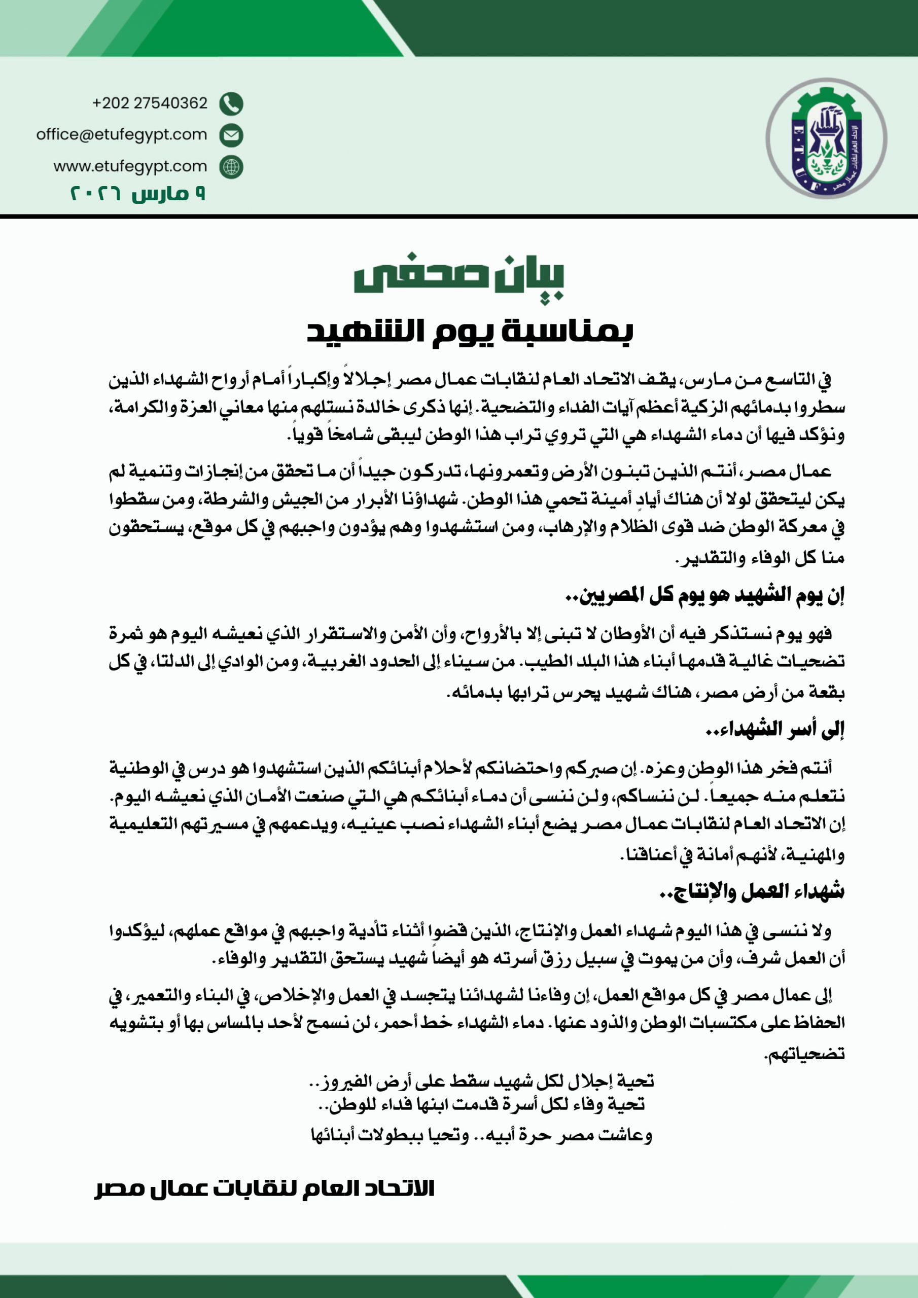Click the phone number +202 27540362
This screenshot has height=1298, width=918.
(x=150, y=103)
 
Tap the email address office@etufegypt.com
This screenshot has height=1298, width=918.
(x=122, y=134)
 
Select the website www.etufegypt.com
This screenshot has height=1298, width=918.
(x=130, y=166)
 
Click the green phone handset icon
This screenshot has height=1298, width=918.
(x=231, y=103)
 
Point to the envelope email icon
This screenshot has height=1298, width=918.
(x=231, y=135)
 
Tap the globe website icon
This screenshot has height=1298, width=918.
(x=231, y=167)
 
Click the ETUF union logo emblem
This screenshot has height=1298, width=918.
(x=826, y=138)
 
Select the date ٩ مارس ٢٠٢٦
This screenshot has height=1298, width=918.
(x=137, y=194)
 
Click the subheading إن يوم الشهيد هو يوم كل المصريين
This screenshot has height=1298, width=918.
(x=704, y=595)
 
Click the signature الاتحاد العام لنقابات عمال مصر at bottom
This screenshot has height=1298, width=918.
(x=264, y=1188)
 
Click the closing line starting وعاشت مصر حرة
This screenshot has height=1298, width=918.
(x=481, y=1135)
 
